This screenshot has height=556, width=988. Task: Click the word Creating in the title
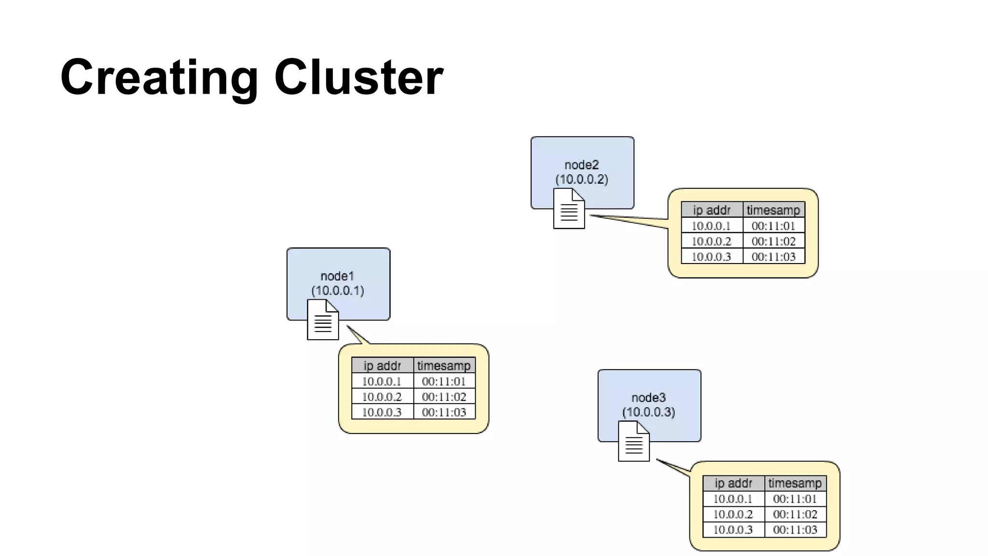[x=159, y=77]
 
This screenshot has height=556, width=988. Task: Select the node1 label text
[x=337, y=276]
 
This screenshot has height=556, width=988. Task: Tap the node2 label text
[x=581, y=165]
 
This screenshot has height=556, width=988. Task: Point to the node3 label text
[x=648, y=398]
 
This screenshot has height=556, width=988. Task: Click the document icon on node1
[x=323, y=320]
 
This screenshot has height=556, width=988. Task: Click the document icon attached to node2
[x=569, y=208]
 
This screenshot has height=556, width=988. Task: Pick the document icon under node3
[x=633, y=441]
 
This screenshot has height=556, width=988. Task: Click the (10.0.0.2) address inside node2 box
[x=581, y=180]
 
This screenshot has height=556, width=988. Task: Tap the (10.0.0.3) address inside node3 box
[x=648, y=412]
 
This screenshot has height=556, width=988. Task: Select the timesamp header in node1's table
[x=444, y=366]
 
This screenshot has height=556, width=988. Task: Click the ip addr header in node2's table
[x=712, y=210]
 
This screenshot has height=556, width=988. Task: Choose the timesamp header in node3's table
[x=795, y=483]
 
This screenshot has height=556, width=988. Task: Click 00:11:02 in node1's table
[x=444, y=397]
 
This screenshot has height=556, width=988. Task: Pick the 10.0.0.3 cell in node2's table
[x=711, y=257]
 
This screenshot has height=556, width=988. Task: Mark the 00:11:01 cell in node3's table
[x=795, y=499]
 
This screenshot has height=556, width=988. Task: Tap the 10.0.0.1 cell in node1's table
[x=382, y=381]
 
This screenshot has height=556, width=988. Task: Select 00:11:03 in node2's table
[x=773, y=257]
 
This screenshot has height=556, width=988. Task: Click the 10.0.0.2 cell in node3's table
[x=733, y=514]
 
